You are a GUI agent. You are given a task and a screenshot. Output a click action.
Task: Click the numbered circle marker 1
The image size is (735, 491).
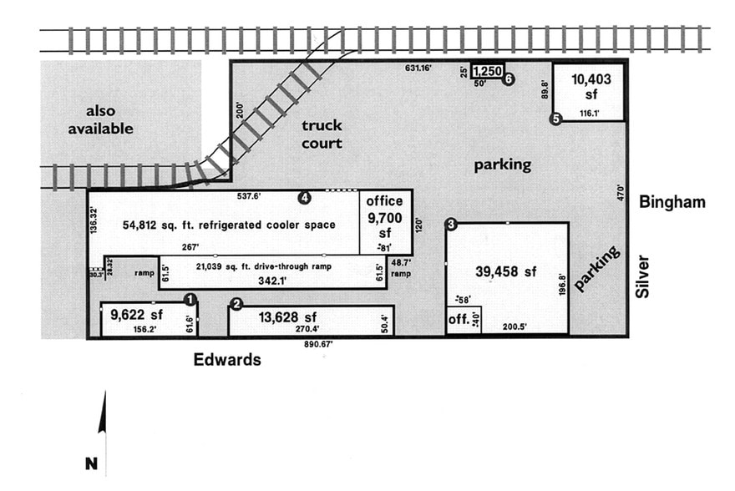[x=190, y=298]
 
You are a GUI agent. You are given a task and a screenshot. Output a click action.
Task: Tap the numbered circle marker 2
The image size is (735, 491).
[x=236, y=304]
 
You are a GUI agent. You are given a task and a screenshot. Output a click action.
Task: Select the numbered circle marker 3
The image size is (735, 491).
[x=451, y=224]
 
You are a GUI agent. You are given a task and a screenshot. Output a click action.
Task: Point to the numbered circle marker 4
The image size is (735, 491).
[x=305, y=197]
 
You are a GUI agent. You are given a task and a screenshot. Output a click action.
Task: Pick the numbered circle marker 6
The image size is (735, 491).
[x=508, y=78]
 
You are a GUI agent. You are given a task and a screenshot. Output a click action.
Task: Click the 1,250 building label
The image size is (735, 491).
[x=488, y=73]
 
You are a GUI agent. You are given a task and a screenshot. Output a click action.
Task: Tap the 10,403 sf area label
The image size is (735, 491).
[x=591, y=87]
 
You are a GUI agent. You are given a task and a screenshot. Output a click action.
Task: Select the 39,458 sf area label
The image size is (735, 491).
[x=506, y=272]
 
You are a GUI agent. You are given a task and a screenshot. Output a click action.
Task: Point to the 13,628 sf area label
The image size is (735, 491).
[x=287, y=316]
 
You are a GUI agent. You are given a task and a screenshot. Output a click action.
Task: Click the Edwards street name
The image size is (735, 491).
[x=227, y=361]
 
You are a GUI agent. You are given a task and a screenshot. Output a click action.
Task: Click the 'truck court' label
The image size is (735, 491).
[x=322, y=134]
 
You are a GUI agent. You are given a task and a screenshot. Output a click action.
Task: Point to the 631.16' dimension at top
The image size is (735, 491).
[x=418, y=68]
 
